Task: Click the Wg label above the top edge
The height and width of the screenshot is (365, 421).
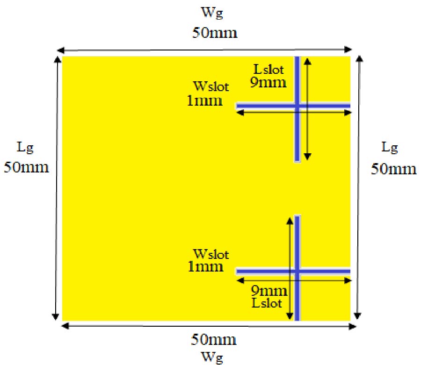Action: tap(212, 13)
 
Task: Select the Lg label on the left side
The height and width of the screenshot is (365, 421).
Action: tap(25, 148)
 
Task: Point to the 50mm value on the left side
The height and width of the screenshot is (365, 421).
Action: tap(26, 167)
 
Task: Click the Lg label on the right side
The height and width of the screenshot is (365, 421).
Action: tap(390, 148)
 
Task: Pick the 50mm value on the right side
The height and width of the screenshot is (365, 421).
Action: tap(393, 169)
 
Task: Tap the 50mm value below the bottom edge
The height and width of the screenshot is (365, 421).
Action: tap(214, 340)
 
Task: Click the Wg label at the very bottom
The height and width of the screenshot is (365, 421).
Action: tap(212, 358)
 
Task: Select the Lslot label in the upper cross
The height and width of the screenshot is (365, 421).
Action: tap(269, 70)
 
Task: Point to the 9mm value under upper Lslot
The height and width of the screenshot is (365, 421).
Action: tap(268, 82)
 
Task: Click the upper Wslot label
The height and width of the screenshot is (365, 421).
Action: tap(211, 86)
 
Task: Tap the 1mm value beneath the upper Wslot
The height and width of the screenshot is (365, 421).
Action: tap(204, 101)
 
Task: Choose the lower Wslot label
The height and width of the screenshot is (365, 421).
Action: tap(211, 254)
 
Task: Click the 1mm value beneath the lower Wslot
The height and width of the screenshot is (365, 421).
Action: tap(205, 267)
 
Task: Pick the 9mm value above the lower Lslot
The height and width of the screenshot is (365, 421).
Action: tap(269, 291)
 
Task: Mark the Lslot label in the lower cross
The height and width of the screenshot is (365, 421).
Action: tap(267, 303)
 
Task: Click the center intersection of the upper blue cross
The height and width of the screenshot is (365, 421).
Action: tap(297, 106)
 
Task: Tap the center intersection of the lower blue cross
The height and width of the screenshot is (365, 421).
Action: tap(297, 272)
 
